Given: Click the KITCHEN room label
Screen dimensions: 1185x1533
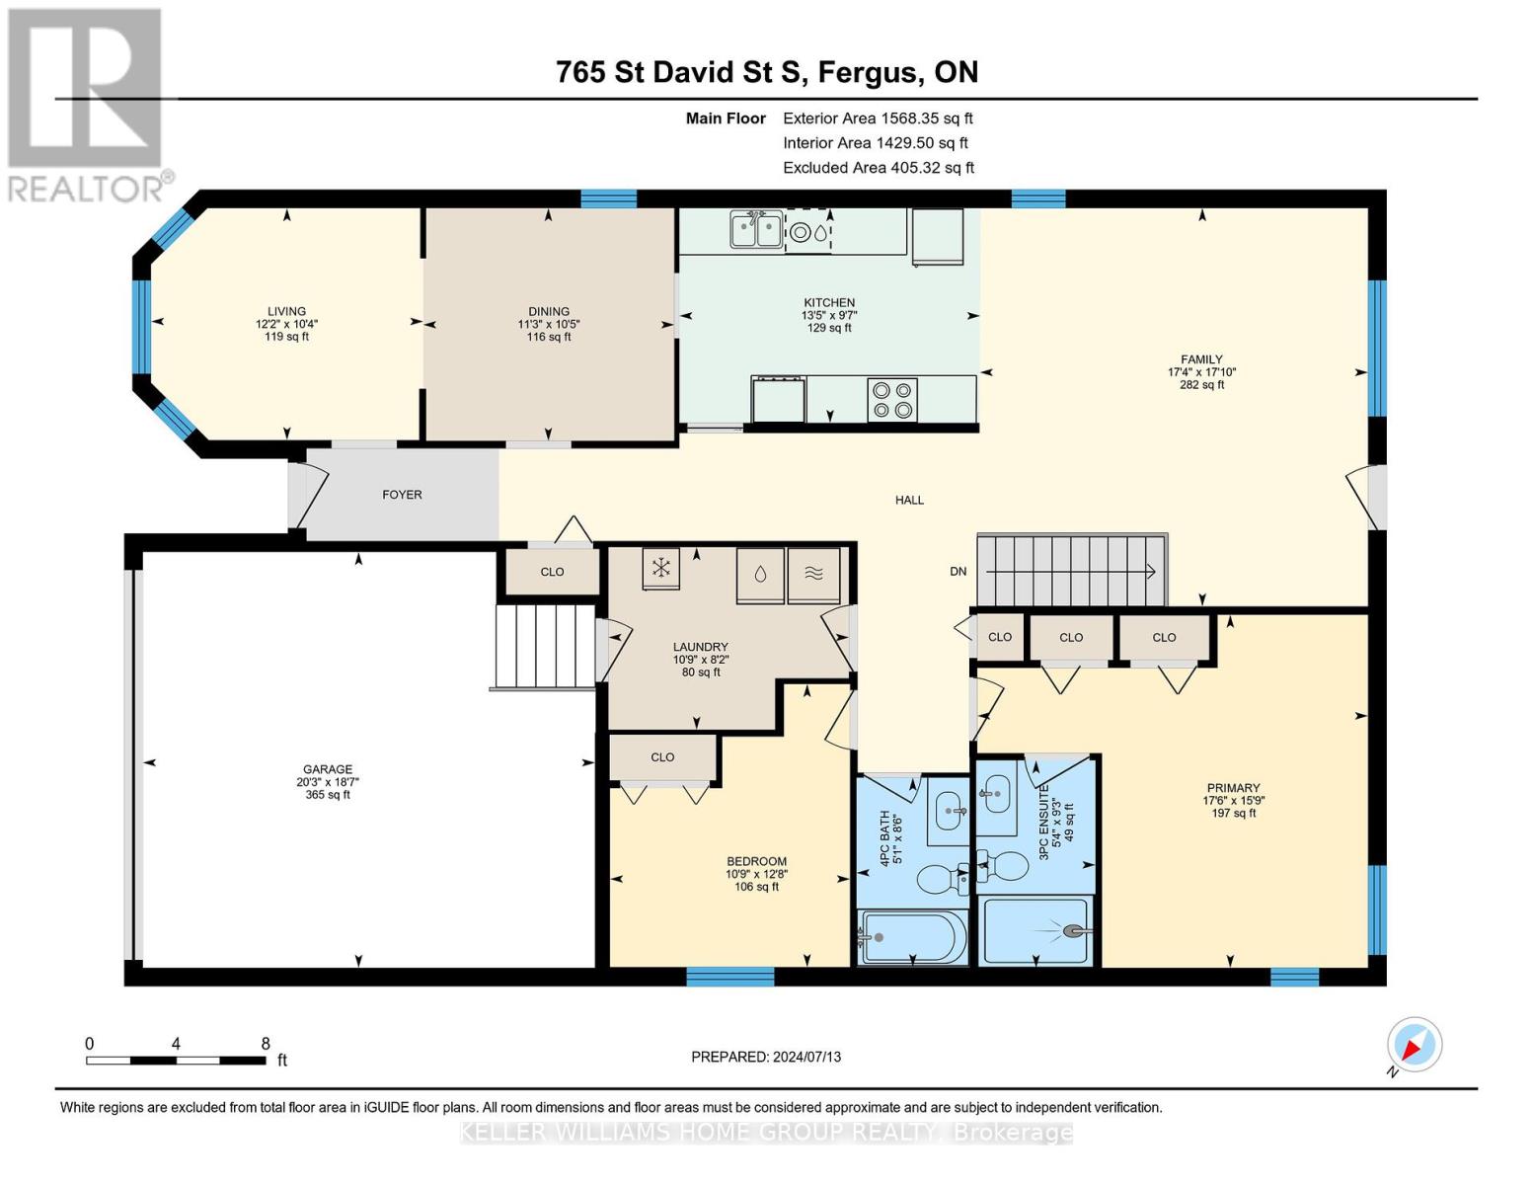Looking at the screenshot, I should coord(828,303).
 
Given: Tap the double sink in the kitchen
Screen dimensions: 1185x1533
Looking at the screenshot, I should coord(756,230).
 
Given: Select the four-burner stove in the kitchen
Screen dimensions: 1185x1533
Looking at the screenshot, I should coord(892,399).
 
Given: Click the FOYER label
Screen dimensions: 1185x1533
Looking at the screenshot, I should coord(402,495).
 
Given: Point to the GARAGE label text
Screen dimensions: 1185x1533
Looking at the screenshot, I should coord(328,769).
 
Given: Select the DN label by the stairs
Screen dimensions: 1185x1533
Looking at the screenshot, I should coord(958,572).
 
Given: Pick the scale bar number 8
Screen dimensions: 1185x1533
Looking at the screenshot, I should coord(265,1043).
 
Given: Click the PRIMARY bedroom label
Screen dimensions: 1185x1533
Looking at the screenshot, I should coord(1231,788).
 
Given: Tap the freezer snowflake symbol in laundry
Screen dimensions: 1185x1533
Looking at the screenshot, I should coord(661,568).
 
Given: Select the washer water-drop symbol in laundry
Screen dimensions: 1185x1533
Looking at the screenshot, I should coord(760,575).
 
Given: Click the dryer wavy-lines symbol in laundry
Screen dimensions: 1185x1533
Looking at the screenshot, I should coord(813,575).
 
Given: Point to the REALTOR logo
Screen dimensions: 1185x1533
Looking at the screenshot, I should coord(87,104).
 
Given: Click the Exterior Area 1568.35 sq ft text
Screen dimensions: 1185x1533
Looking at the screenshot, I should coord(878,118).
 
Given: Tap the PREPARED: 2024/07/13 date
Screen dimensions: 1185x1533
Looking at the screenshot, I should coord(766,1057).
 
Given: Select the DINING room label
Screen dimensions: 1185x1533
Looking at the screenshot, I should coord(548,311).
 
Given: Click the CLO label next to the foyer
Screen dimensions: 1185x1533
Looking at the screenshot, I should coord(552,572).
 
